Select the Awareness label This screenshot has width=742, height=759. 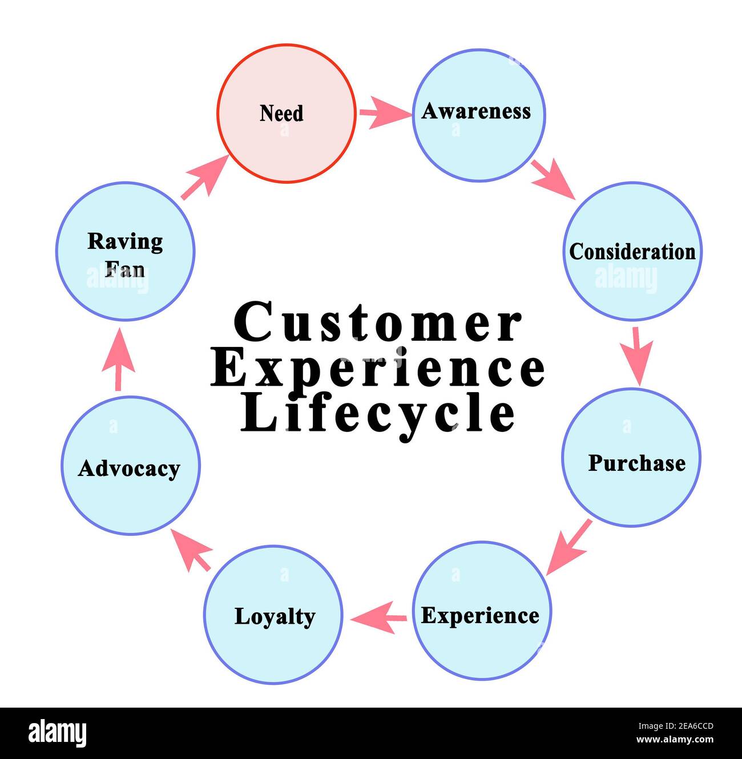pyautogui.click(x=476, y=111)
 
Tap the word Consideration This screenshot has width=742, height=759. pyautogui.click(x=632, y=252)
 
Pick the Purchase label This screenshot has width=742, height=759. pyautogui.click(x=636, y=463)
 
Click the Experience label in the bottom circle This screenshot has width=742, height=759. pyautogui.click(x=480, y=616)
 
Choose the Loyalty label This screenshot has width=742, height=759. pyautogui.click(x=275, y=617)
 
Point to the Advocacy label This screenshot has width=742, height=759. pyautogui.click(x=129, y=469)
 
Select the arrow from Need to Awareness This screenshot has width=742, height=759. pyautogui.click(x=384, y=113)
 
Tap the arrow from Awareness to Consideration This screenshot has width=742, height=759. pyautogui.click(x=553, y=179)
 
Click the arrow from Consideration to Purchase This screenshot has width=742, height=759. pyautogui.click(x=640, y=355)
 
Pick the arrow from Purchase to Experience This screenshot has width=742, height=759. pyautogui.click(x=567, y=547)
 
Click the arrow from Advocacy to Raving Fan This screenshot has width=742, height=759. pyautogui.click(x=118, y=361)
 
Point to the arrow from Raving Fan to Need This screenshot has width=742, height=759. pyautogui.click(x=203, y=177)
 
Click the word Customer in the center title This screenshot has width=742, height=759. pyautogui.click(x=378, y=323)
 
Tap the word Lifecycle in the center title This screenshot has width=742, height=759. pyautogui.click(x=378, y=414)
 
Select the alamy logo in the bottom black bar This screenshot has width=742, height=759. pyautogui.click(x=58, y=733)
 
